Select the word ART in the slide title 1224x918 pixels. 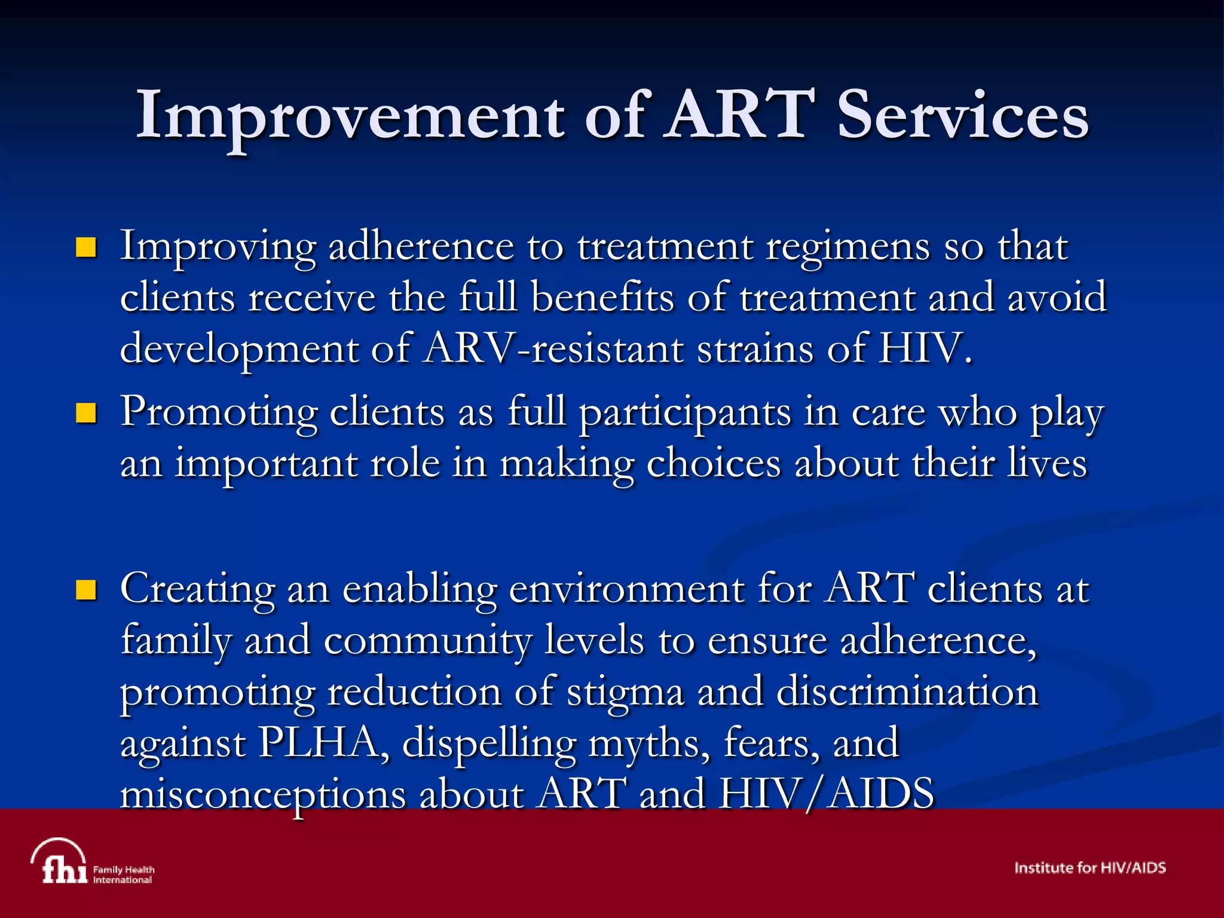pyautogui.click(x=740, y=115)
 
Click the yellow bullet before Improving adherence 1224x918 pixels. pyautogui.click(x=87, y=247)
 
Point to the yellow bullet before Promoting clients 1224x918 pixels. pyautogui.click(x=87, y=413)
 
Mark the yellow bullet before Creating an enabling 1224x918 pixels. pyautogui.click(x=87, y=590)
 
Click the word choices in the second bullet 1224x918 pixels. pyautogui.click(x=714, y=464)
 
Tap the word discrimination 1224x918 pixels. pyautogui.click(x=907, y=692)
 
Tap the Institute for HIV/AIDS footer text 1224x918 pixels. pyautogui.click(x=1090, y=868)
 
